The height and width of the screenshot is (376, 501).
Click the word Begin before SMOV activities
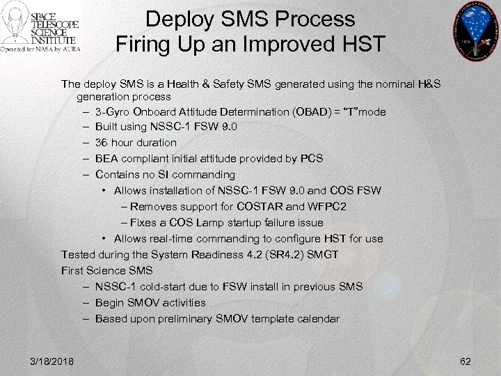click(x=111, y=303)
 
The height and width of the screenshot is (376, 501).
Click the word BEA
click(x=106, y=159)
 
